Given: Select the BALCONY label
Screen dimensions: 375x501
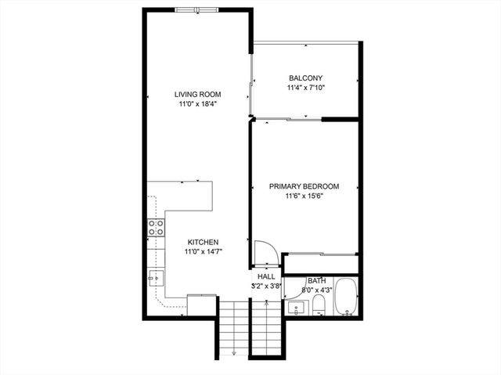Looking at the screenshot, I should pyautogui.click(x=305, y=78).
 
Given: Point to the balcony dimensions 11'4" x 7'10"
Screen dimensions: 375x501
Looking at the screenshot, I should pyautogui.click(x=305, y=88).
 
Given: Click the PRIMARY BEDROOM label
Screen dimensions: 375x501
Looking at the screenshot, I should pyautogui.click(x=304, y=186).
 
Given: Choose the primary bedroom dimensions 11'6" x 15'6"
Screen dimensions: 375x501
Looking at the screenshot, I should pyautogui.click(x=304, y=197).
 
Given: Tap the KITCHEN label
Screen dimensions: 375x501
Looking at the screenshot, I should pyautogui.click(x=202, y=243).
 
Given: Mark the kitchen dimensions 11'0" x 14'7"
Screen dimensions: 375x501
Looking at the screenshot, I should pyautogui.click(x=202, y=252).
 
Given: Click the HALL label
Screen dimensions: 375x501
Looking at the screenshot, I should pyautogui.click(x=266, y=277).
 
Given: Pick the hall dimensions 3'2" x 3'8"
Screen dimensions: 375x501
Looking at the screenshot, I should pyautogui.click(x=266, y=287).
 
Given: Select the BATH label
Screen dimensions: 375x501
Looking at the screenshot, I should pyautogui.click(x=316, y=280).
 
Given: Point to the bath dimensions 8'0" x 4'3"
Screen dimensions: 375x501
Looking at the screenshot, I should pyautogui.click(x=316, y=290).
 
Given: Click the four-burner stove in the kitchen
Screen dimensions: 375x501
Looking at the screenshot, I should pyautogui.click(x=156, y=228).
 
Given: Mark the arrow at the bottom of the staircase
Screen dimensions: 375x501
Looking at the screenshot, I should pyautogui.click(x=233, y=354).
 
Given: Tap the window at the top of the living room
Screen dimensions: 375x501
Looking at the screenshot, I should pyautogui.click(x=196, y=10).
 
